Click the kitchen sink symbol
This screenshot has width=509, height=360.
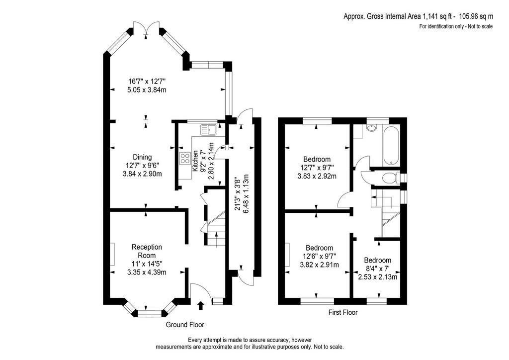point(209,129)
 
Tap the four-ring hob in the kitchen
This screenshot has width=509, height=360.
point(185,159)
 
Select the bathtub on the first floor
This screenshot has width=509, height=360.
point(392,145)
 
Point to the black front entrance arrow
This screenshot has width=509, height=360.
point(201,305)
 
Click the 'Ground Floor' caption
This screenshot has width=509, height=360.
point(185,325)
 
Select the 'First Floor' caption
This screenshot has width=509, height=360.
point(343,312)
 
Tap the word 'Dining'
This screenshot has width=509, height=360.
point(142,157)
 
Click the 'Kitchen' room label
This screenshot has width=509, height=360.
point(195,161)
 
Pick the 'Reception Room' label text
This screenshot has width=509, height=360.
point(147,251)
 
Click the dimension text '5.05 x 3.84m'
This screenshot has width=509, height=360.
point(147,90)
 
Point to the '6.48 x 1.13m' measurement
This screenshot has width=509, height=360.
point(246,194)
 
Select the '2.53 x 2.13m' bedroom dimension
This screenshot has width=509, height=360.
point(378,277)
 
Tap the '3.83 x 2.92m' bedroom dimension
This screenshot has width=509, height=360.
point(317,176)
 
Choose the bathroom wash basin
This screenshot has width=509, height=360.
point(371,128)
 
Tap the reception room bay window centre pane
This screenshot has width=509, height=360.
point(150,313)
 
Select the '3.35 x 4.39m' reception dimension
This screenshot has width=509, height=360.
point(147,272)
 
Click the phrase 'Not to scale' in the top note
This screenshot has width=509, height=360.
point(481,26)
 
